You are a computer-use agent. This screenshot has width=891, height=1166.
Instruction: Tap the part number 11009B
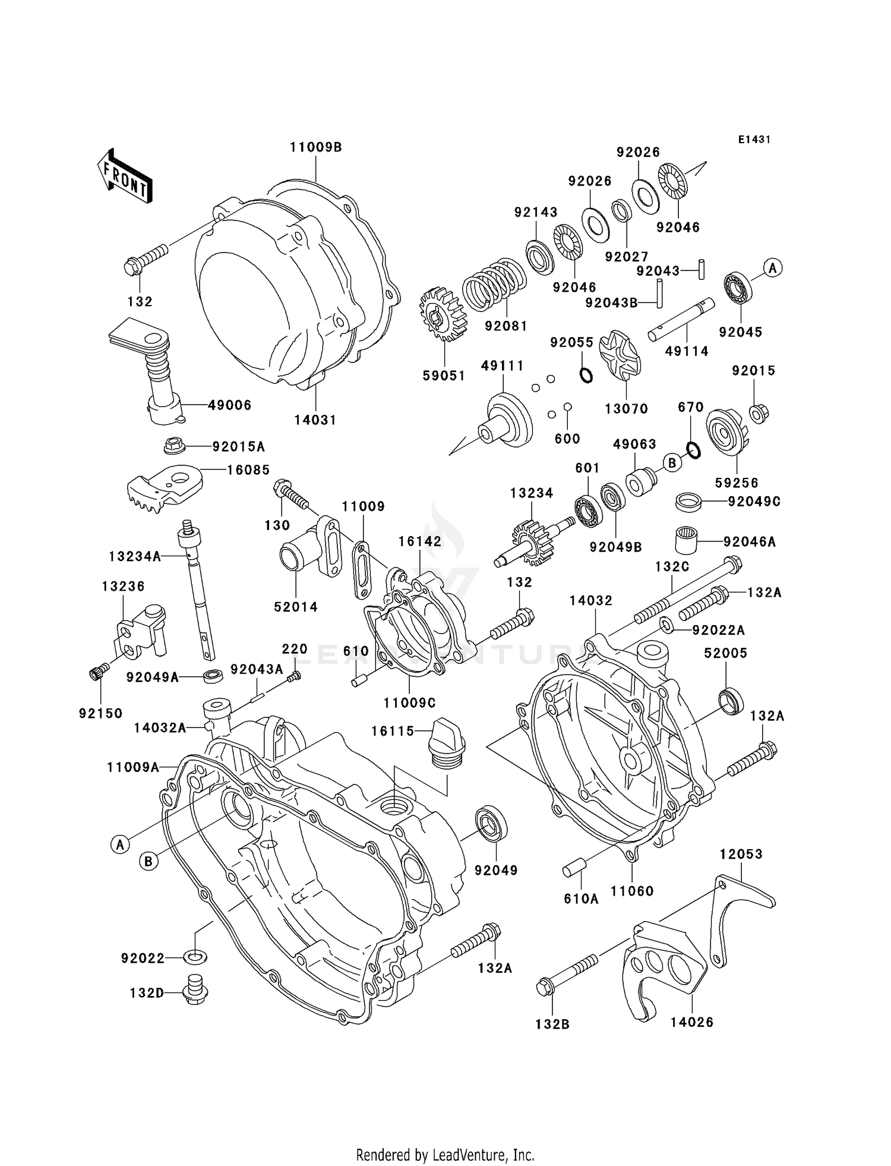point(315,147)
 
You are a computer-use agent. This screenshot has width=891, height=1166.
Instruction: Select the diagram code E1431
point(754,140)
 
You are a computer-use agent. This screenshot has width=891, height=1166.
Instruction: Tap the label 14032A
point(160,727)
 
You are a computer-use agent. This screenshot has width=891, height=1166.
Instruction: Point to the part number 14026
point(691,1022)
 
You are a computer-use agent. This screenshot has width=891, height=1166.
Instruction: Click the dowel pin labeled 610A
point(575,869)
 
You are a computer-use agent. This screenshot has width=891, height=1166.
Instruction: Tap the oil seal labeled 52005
point(731,700)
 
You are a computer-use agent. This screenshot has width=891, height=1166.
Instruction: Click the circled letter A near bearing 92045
point(772,268)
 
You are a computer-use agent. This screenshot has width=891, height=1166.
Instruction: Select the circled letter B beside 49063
point(672,462)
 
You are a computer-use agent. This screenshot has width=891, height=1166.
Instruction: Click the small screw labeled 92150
point(97,673)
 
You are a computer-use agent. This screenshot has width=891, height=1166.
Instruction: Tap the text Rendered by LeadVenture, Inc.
point(445,1155)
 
